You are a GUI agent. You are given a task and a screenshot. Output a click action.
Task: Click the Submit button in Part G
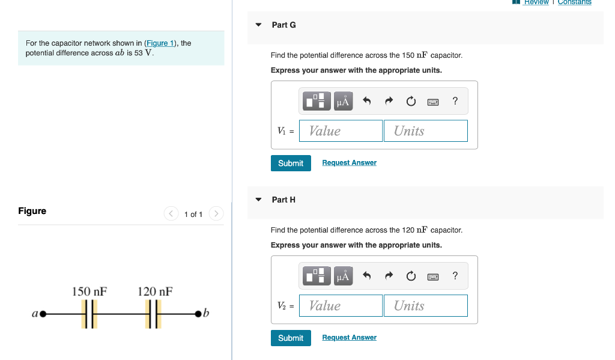291,163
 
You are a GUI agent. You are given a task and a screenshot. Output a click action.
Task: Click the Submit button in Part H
291,338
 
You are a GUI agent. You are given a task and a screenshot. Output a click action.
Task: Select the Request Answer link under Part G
349,163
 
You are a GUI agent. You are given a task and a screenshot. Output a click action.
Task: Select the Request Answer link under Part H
349,338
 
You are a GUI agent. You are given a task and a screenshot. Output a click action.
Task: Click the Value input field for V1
341,131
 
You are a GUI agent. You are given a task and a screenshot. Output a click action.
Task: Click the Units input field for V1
425,131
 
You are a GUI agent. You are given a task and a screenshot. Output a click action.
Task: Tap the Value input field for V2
341,306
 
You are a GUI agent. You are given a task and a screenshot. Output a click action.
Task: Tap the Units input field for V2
425,306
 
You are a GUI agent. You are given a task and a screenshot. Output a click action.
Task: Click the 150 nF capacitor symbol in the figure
89,314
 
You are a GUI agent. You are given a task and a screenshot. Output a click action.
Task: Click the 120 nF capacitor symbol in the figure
154,314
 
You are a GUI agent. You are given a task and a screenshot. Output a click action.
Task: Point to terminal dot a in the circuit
43,314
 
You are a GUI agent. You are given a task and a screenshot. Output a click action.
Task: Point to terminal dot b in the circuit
199,314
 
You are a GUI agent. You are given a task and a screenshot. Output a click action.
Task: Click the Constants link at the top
574,2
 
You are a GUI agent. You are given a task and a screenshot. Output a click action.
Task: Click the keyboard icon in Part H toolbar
433,276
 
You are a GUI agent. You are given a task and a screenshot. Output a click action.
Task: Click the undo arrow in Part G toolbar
368,102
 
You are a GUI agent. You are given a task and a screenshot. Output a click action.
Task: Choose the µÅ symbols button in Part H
343,276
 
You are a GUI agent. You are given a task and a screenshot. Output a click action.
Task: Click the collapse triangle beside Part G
258,25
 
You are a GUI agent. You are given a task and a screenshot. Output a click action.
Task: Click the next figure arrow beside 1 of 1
217,214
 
